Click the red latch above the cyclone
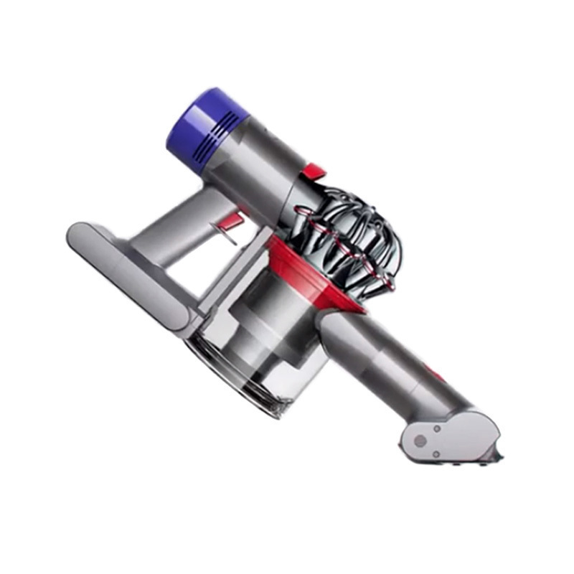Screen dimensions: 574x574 pos(314,172)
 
